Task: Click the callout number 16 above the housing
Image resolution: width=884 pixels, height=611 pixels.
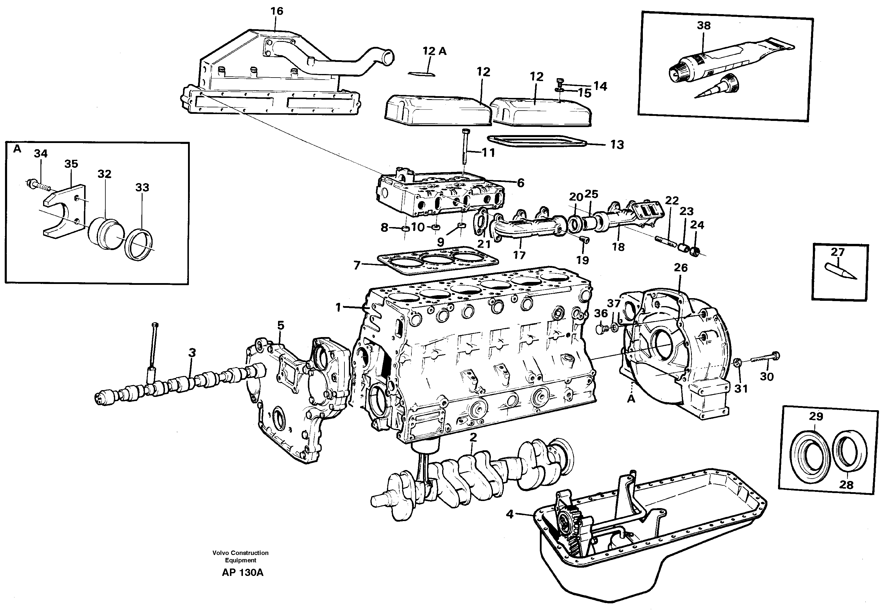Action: click(277, 12)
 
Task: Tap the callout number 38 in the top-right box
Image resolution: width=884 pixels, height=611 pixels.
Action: click(704, 26)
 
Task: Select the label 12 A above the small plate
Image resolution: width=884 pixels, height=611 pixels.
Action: click(434, 51)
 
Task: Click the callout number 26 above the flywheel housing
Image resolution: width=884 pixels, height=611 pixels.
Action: click(681, 267)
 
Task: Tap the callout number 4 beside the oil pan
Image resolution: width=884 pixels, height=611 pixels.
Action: click(509, 514)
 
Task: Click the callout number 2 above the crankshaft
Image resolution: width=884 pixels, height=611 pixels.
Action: click(473, 438)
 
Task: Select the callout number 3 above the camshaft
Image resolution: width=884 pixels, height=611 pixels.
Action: click(192, 353)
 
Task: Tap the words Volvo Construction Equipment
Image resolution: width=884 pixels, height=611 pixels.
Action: click(241, 556)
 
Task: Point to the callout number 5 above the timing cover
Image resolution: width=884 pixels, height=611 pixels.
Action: click(280, 326)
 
